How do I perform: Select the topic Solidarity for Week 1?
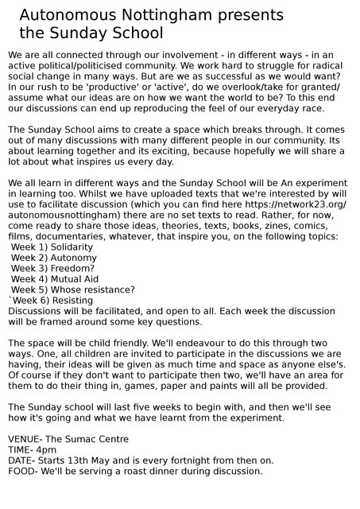(x=71, y=247)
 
